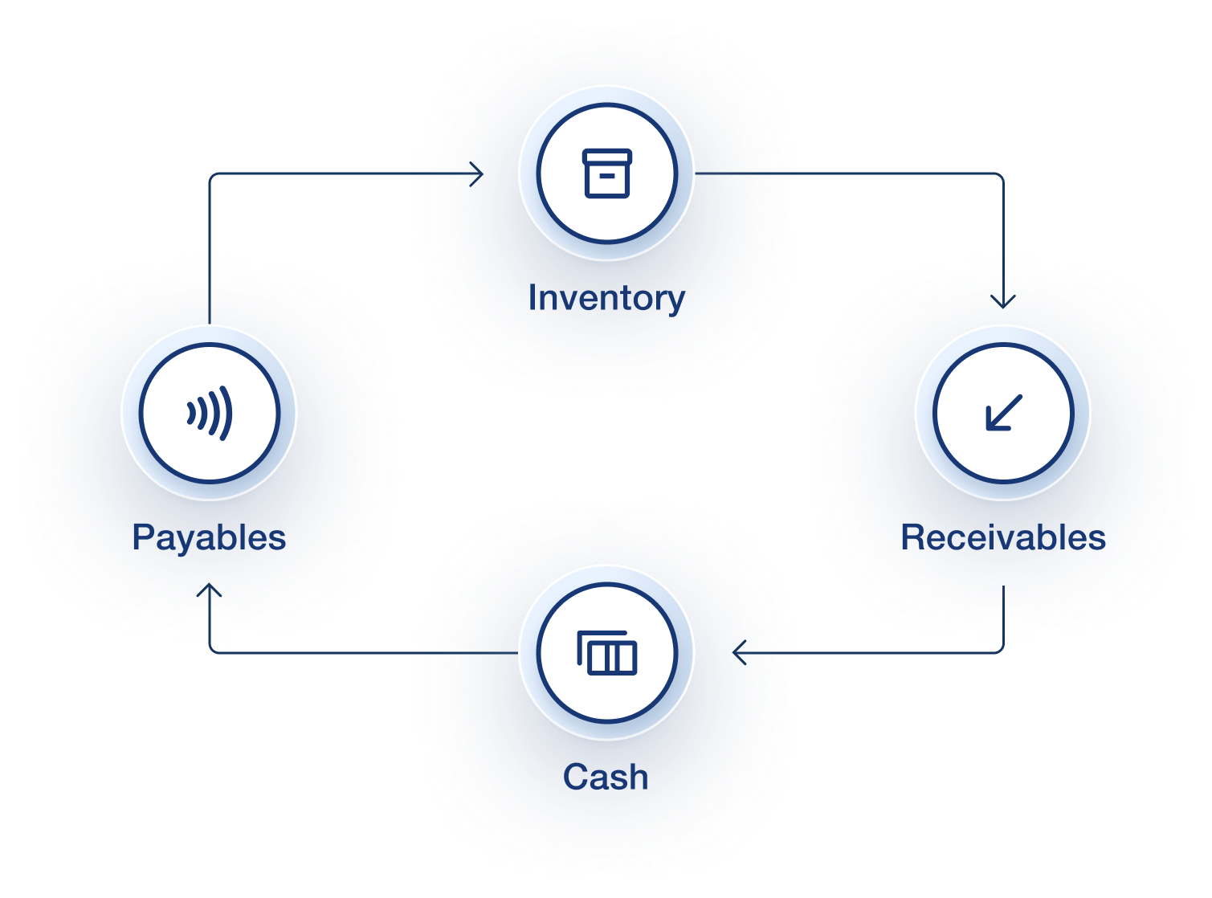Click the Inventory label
(x=606, y=299)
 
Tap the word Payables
(x=210, y=538)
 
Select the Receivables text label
(x=1003, y=537)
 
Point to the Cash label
(x=606, y=777)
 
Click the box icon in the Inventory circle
(x=607, y=173)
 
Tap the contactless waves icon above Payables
(x=210, y=413)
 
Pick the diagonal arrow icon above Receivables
(x=1004, y=413)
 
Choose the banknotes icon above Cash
(x=607, y=652)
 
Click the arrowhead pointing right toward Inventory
(x=477, y=173)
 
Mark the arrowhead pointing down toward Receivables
(x=1003, y=302)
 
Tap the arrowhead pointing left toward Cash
(x=740, y=652)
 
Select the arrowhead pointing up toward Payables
(x=210, y=590)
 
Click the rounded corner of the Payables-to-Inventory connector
(x=213, y=177)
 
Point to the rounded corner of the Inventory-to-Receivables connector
(x=1000, y=177)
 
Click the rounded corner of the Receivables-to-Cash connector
(x=1000, y=649)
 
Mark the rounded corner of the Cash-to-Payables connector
(x=213, y=649)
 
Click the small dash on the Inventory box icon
(x=607, y=176)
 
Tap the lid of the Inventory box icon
(x=607, y=157)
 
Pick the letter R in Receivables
(x=914, y=537)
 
